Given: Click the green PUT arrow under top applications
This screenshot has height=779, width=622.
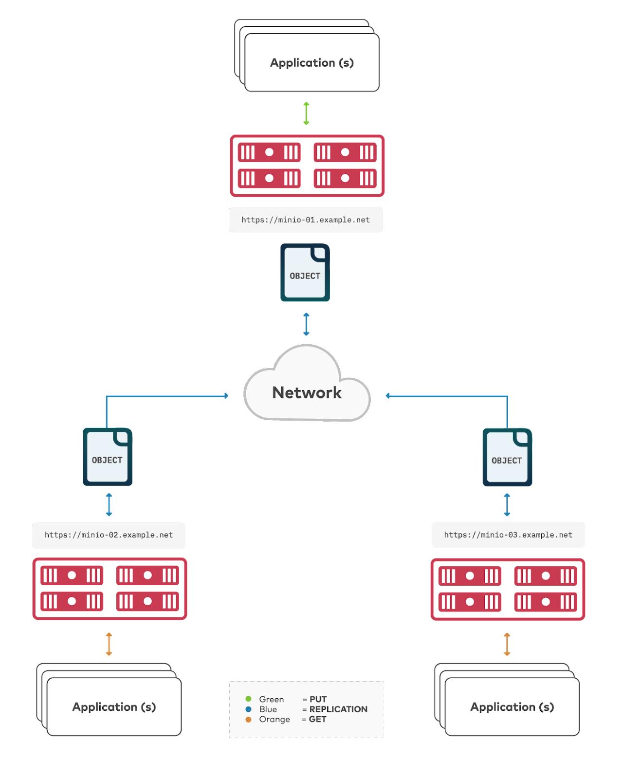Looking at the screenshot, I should pyautogui.click(x=306, y=113).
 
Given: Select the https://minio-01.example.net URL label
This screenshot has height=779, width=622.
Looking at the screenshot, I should pyautogui.click(x=306, y=220).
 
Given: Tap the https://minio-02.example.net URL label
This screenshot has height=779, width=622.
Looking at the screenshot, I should pyautogui.click(x=109, y=535).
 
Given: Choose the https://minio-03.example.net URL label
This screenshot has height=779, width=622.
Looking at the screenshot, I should pyautogui.click(x=508, y=535).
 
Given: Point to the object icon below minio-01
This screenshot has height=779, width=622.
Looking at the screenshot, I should pyautogui.click(x=305, y=273).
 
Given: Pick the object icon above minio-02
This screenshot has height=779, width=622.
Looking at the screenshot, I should pyautogui.click(x=108, y=457).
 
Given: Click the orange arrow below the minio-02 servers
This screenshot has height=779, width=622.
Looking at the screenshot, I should pyautogui.click(x=109, y=644).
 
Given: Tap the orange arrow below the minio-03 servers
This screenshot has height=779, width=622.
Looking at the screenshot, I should pyautogui.click(x=507, y=644).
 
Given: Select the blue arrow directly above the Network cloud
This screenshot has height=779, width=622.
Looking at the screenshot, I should pyautogui.click(x=306, y=324).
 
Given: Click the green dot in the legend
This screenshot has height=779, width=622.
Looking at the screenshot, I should pyautogui.click(x=249, y=699).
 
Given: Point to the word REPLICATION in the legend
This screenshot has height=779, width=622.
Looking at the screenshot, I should pyautogui.click(x=338, y=709).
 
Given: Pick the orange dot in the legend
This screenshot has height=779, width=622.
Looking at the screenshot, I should pyautogui.click(x=249, y=720).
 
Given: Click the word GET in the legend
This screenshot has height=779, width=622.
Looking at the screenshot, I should pyautogui.click(x=317, y=720).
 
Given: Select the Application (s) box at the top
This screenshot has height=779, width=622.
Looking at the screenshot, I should pyautogui.click(x=312, y=63).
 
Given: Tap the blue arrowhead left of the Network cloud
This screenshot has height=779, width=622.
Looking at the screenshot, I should pyautogui.click(x=226, y=396).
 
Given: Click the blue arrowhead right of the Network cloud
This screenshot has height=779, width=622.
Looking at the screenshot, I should pyautogui.click(x=388, y=396).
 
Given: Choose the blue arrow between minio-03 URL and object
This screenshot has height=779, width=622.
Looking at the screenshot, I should pyautogui.click(x=507, y=505).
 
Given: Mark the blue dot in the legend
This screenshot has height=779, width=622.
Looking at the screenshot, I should pyautogui.click(x=249, y=709).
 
